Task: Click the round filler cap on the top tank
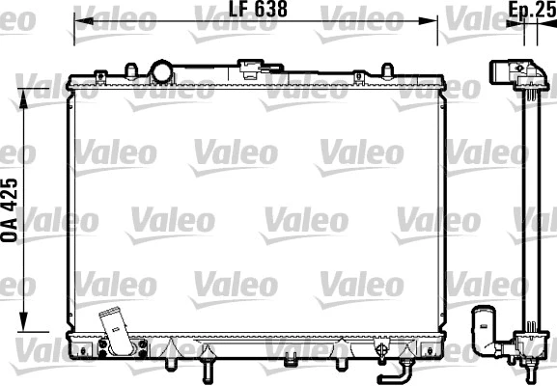coord(160,71)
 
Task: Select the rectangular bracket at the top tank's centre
coord(254,70)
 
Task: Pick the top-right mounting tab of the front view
coord(387,72)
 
